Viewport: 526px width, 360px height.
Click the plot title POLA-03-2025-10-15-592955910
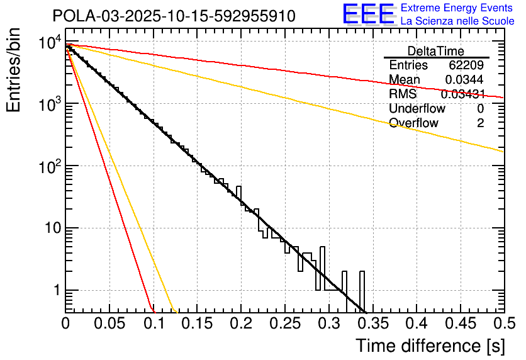click(174, 16)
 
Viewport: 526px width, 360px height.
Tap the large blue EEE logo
click(368, 14)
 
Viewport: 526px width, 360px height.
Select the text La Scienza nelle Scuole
click(457, 21)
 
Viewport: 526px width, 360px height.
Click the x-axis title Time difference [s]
click(429, 346)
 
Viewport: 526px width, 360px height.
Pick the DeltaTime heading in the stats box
click(436, 51)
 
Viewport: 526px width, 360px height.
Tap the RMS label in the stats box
click(403, 94)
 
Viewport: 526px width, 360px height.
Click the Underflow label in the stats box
click(417, 109)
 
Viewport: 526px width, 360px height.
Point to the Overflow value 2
click(480, 123)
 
